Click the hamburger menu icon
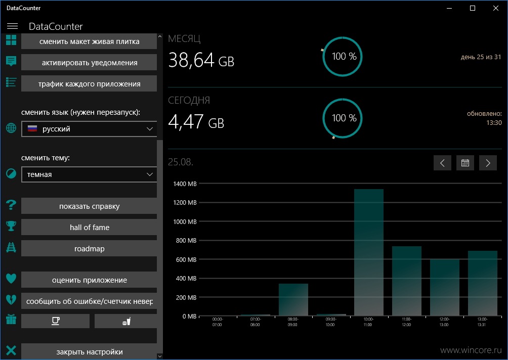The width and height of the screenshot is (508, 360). coord(12,26)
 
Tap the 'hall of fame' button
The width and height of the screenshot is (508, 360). coord(89,227)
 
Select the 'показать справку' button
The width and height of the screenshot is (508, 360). coord(89,206)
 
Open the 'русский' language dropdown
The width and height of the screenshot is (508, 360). coord(89,129)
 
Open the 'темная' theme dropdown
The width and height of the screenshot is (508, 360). coord(89,174)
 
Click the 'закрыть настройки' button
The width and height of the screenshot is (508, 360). coord(89,351)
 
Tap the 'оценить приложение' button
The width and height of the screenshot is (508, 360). coord(89,280)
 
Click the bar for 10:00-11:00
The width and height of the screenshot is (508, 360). coord(369,252)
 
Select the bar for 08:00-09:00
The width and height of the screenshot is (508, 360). coord(293,299)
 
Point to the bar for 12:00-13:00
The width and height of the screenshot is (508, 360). coord(444,288)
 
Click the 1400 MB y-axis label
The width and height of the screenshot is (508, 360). coord(185,184)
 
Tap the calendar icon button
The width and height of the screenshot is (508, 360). coord(465,163)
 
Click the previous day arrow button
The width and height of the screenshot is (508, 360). coord(442,163)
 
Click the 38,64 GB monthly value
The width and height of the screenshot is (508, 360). coord(201,60)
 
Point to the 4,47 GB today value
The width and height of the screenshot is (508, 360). coord(196,121)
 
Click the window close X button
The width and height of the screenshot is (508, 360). coord(496,8)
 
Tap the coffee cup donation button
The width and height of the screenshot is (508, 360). coord(55,321)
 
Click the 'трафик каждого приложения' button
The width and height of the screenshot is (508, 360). coord(89,84)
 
